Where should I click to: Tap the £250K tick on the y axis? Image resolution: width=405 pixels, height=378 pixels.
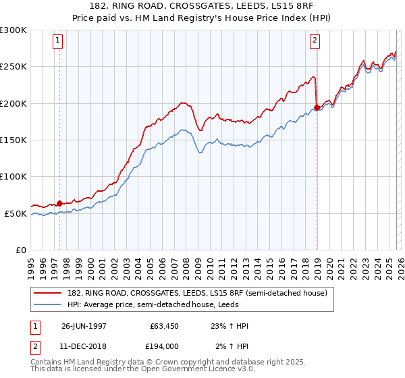13,67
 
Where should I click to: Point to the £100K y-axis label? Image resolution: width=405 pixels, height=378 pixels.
13,177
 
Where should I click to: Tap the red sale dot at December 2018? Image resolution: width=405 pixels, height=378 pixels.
317,107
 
